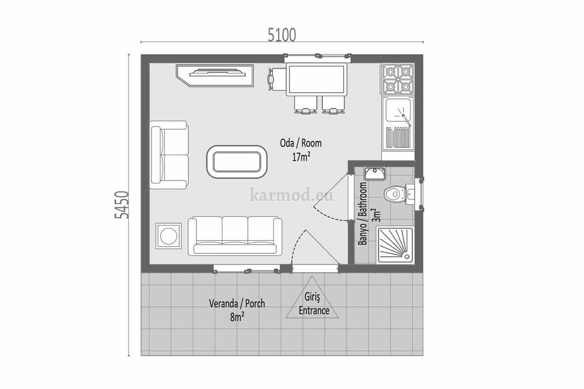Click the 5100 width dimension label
pos(282,35)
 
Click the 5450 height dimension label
pos(122,205)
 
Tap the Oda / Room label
pos(301,143)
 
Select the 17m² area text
pos(301,157)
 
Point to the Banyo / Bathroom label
pos(363,213)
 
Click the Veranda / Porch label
pos(237,303)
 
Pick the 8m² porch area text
pos(237,318)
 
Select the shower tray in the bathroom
pos(396,246)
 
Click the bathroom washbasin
pos(375,174)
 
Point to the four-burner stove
pos(398,79)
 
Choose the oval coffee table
pos(237,162)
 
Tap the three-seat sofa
pos(235,236)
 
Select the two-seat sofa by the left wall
pos(169,155)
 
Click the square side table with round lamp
pos(169,236)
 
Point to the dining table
pos(316,79)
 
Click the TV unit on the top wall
pos(215,75)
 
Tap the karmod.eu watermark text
pos(292,194)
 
